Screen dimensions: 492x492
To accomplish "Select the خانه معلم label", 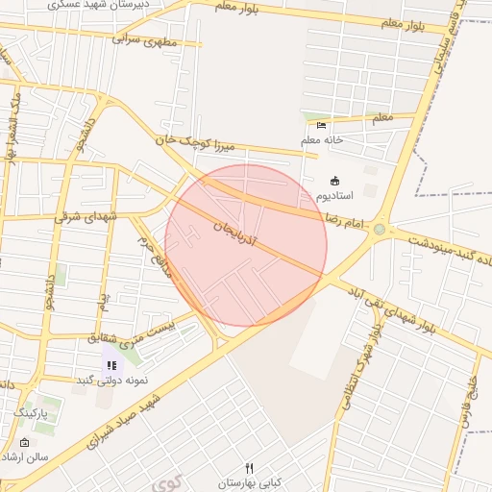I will coord(322,140).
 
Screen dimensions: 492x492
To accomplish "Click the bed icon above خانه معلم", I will coord(321,124).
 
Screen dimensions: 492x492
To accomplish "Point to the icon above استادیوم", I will coord(334,181).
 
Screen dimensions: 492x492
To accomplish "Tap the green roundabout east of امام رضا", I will coord(380,230).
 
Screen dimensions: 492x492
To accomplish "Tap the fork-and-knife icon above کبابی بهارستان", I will coord(250,468).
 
